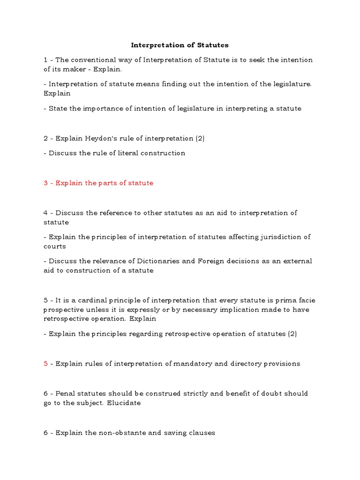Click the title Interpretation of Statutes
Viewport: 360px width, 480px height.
pos(180,45)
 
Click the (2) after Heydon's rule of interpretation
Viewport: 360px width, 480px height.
pos(200,138)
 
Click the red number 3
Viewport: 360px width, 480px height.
pos(46,183)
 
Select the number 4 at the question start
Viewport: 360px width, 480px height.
pos(46,213)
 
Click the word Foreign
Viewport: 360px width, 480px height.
pos(215,261)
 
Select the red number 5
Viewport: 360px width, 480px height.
pos(46,364)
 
